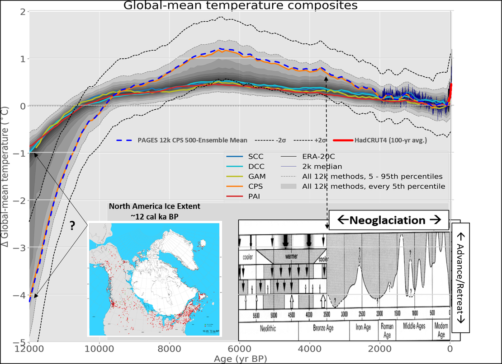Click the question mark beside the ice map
pos(72,226)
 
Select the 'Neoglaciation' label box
pos(388,221)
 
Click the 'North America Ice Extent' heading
pos(154,206)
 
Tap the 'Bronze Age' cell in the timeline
pos(323,328)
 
